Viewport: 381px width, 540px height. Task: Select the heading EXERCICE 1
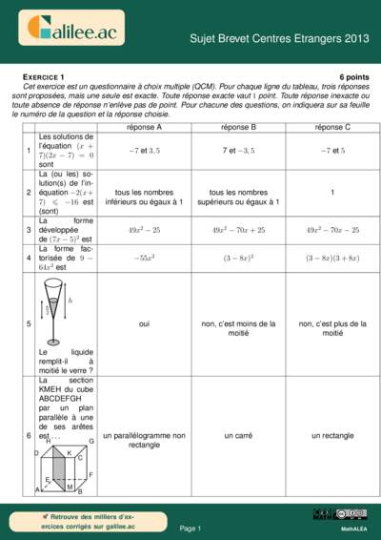click(43, 75)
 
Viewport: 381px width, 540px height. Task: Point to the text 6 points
click(353, 75)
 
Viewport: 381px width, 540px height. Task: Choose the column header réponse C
click(332, 126)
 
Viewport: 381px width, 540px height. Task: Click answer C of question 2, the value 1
click(332, 191)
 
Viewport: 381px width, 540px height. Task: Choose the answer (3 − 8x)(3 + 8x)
click(332, 258)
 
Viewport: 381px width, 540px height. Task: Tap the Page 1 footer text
click(190, 528)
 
